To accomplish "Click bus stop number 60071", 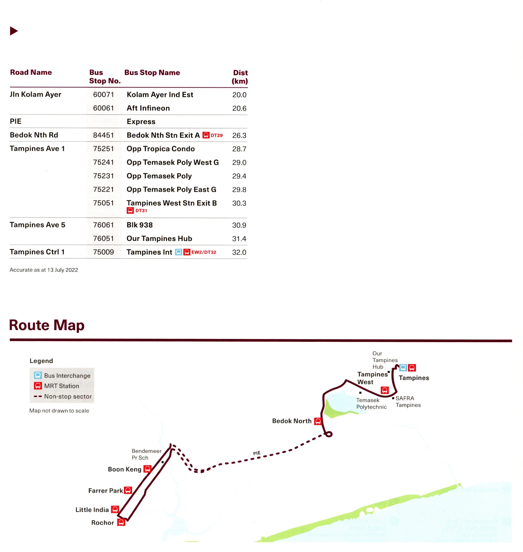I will (103, 95).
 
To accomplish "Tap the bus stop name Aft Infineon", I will (148, 108).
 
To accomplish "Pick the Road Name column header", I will (31, 72).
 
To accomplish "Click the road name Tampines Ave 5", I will (37, 225).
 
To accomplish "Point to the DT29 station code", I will (217, 135).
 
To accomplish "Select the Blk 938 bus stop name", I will (139, 225).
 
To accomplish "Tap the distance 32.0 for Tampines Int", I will (239, 252).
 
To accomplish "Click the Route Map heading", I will (47, 325).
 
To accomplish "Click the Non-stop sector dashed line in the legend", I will (38, 396).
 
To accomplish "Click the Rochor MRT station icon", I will (121, 522).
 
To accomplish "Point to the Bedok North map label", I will (292, 421).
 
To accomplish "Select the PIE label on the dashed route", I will (257, 453).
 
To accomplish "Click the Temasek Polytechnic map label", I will (371, 403).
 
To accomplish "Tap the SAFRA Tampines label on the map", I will (408, 402).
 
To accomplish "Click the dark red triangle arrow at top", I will (14, 31).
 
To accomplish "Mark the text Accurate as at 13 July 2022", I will (44, 270).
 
